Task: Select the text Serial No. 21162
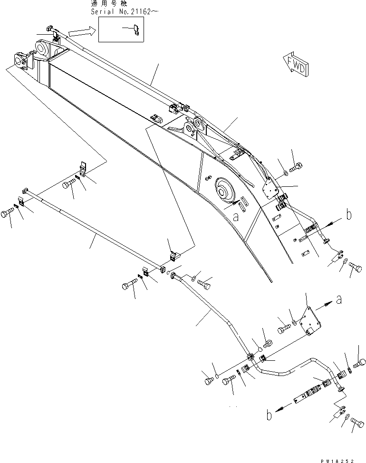pyautogui.click(x=120, y=11)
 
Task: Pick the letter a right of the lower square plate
pyautogui.click(x=338, y=300)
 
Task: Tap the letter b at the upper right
pyautogui.click(x=349, y=215)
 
